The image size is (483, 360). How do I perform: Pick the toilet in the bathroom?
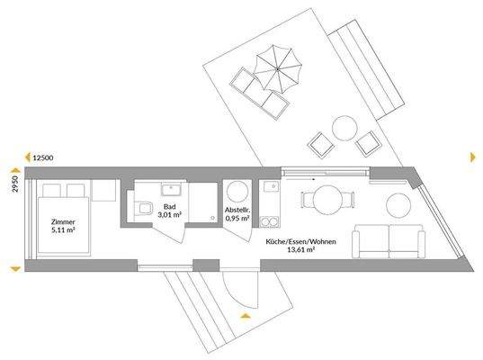145,210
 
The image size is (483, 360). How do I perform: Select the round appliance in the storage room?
238,190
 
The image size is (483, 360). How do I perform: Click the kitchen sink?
269,188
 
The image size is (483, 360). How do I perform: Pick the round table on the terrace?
344,127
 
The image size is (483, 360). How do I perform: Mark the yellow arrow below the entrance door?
244,316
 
